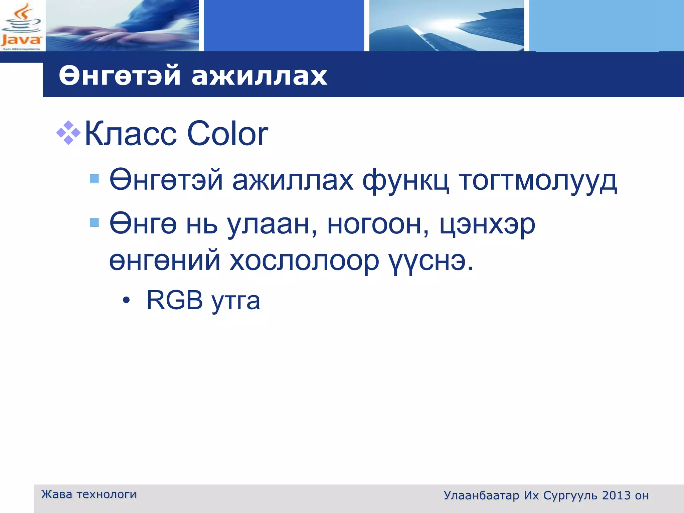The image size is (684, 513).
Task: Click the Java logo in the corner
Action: (22, 26)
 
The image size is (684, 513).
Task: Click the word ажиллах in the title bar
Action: (259, 76)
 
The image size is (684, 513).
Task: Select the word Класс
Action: (131, 134)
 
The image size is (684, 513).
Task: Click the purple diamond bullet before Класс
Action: (68, 133)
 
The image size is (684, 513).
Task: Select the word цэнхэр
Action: (487, 224)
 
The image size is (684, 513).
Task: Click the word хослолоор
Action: (304, 261)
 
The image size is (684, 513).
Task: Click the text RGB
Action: (175, 300)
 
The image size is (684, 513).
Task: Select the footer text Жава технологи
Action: (89, 494)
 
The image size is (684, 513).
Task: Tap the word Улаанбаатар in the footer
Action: (481, 496)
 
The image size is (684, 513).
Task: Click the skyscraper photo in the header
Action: (447, 26)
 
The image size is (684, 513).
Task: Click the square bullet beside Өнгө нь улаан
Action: (95, 222)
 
